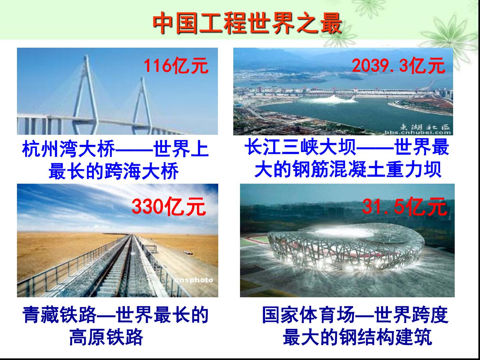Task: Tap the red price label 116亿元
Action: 176,66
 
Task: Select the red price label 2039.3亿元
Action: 398,66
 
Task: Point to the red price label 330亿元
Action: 168,206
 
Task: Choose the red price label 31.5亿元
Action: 404,206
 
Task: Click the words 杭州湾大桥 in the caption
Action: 69,149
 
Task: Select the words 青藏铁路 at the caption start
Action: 60,315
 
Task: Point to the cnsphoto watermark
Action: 194,280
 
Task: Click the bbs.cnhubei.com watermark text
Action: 418,132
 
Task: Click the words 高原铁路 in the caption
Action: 106,337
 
